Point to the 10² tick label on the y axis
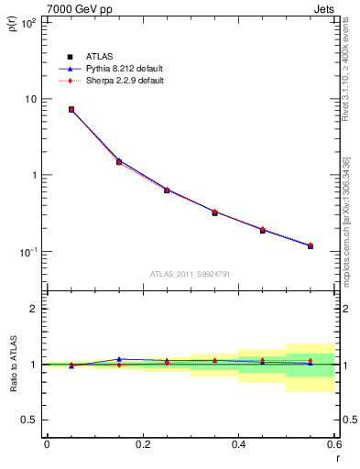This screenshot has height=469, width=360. coord(28,23)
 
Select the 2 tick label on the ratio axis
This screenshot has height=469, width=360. coord(35,309)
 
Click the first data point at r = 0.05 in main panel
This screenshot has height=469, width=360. coord(71,109)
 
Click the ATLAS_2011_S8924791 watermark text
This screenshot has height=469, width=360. coord(190,273)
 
